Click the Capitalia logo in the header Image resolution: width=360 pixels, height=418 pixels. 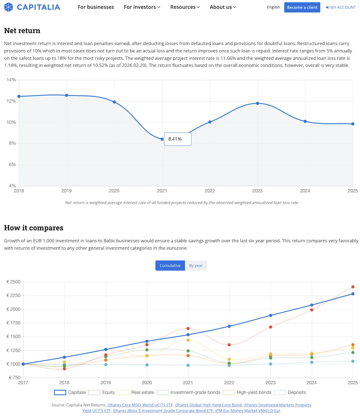coord(32,7)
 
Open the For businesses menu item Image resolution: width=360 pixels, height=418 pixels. coord(96,7)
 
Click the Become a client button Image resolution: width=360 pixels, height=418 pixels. coord(302,7)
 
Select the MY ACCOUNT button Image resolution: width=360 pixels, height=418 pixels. coord(341,7)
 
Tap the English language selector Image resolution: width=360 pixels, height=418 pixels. coord(273,7)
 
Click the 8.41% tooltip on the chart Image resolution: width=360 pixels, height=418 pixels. coord(178,139)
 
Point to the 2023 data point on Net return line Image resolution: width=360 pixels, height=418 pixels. coord(257,103)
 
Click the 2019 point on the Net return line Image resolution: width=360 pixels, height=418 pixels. coord(66,95)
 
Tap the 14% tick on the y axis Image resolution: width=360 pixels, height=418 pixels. coord(11,80)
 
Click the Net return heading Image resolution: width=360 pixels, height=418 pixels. coord(22,31)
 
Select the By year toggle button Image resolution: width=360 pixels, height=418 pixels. coord(196,266)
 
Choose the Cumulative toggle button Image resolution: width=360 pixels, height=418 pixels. coord(170,266)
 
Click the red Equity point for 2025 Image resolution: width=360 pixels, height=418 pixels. coord(353,287)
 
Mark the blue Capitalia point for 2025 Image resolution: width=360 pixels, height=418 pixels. coord(353,294)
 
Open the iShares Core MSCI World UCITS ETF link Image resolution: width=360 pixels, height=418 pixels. coord(140,405)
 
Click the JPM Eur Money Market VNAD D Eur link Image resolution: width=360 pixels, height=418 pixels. coord(247,411)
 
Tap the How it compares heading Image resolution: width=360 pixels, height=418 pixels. coord(34,228)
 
